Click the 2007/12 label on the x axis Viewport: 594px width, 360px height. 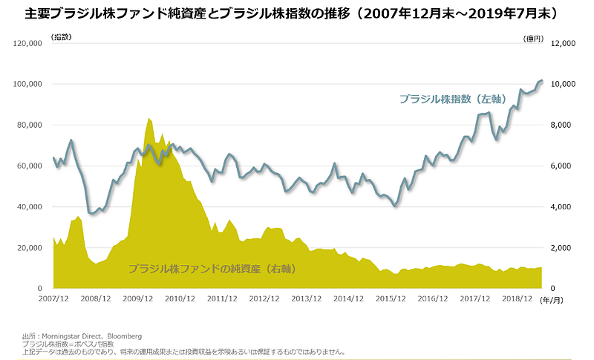pyautogui.click(x=53, y=299)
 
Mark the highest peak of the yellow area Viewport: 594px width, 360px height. pyautogui.click(x=149, y=118)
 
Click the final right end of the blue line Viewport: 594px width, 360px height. pyautogui.click(x=542, y=80)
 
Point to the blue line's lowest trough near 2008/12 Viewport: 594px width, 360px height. pyautogui.click(x=92, y=214)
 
